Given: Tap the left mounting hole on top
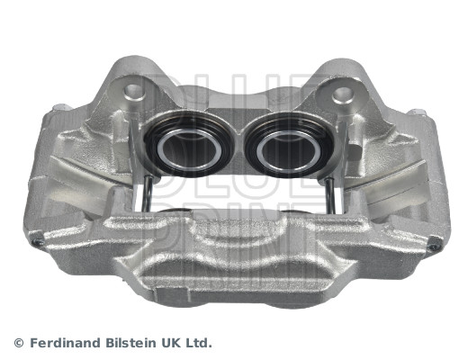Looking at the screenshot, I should click(x=132, y=91).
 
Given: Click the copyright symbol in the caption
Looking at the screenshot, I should click(x=20, y=343).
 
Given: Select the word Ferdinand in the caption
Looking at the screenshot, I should click(x=63, y=343).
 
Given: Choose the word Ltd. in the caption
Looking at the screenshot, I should click(x=199, y=343).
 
